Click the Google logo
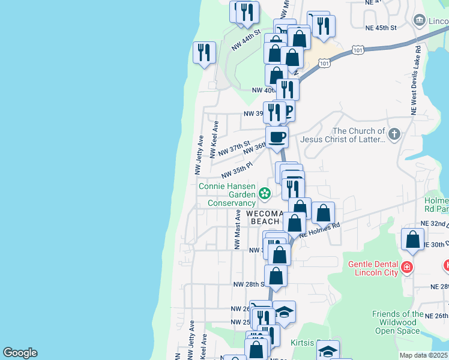(x=20, y=353)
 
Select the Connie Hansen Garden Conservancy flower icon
(x=264, y=194)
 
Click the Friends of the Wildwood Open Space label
(x=397, y=322)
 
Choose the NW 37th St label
(x=234, y=148)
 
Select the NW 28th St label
(x=249, y=284)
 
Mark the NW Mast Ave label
(x=237, y=229)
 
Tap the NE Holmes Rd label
(x=319, y=230)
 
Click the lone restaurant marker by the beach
(x=204, y=52)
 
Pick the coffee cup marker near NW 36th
(x=277, y=136)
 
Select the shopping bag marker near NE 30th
(x=413, y=239)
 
